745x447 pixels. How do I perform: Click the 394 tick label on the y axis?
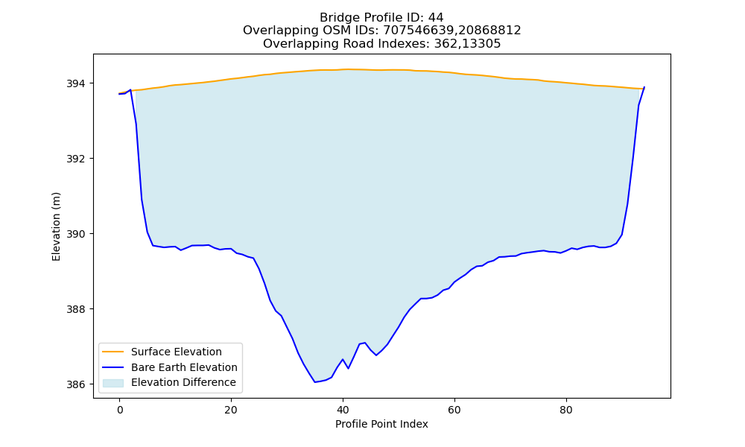pos(76,83)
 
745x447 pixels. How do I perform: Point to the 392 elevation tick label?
pos(76,159)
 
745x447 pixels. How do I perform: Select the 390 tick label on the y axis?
pos(76,234)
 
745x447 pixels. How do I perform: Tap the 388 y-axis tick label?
pos(76,309)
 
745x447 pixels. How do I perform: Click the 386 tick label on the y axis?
pos(76,384)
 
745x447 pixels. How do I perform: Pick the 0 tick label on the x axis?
pos(119,410)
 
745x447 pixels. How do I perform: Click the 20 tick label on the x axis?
pos(231,410)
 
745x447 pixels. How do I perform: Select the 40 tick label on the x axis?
pos(343,410)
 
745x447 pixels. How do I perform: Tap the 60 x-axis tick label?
pos(454,410)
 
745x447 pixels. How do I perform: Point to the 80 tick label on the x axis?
pos(566,410)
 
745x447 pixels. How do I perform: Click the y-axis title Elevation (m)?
pos(56,226)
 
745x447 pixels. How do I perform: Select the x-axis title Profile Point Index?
pos(381,424)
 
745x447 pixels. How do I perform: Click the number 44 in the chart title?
pos(436,18)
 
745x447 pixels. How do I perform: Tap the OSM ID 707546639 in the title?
pos(420,31)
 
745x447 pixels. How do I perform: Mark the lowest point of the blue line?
pos(314,382)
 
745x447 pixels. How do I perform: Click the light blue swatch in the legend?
pos(113,383)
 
